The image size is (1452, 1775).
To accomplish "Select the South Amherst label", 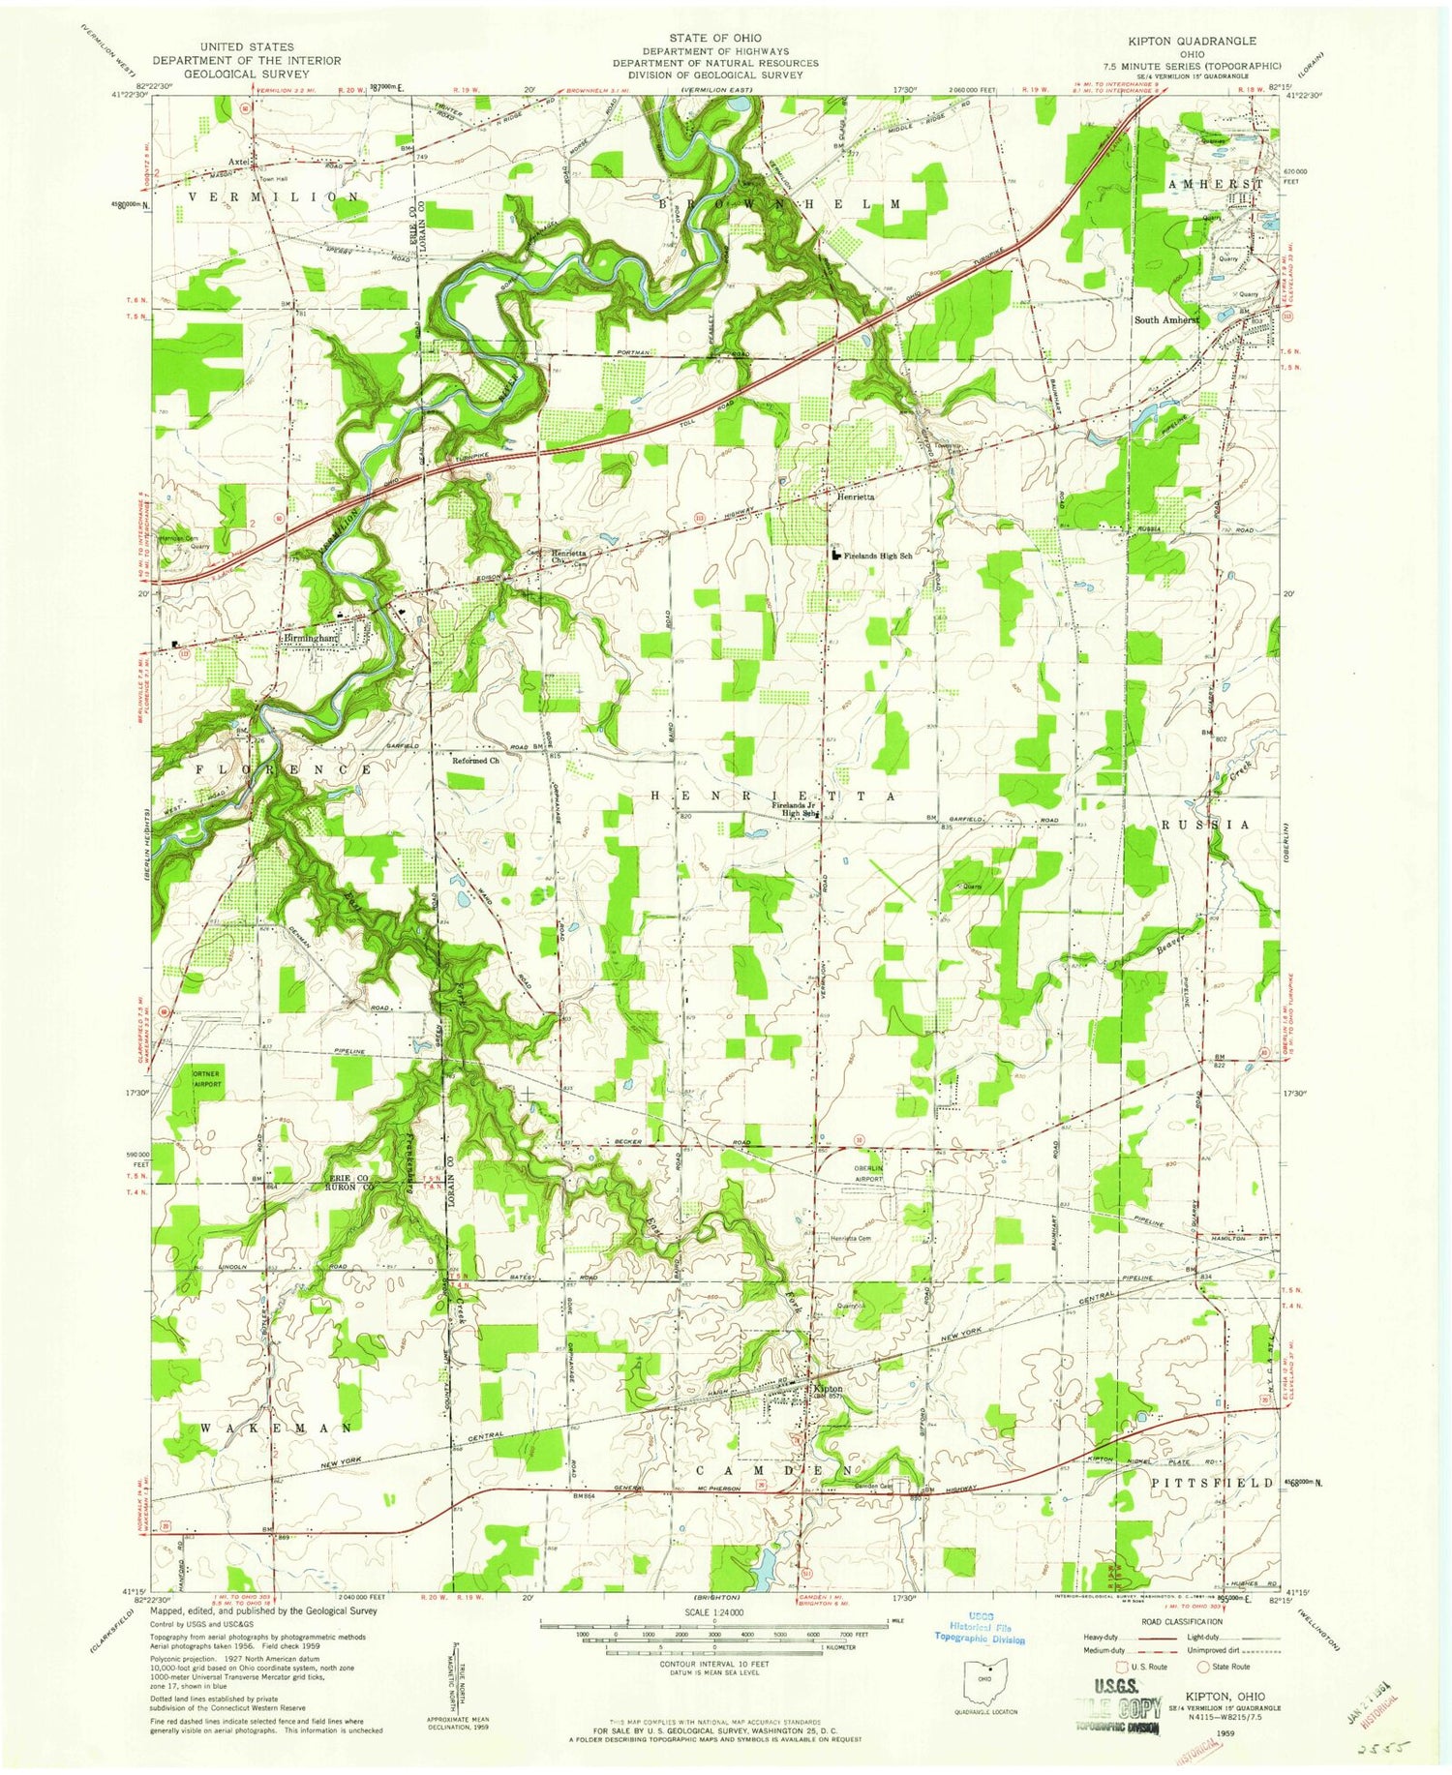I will pyautogui.click(x=1166, y=319).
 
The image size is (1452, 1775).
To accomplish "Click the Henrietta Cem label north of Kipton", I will pyautogui.click(x=851, y=1239).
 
